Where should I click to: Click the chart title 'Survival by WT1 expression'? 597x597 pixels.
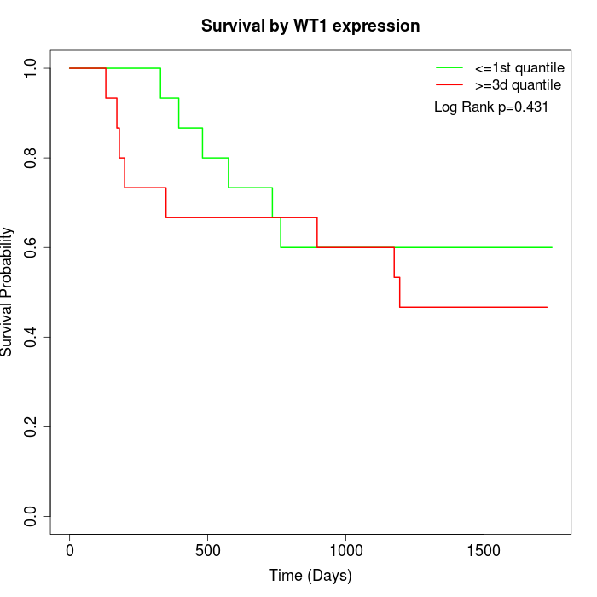[x=310, y=26]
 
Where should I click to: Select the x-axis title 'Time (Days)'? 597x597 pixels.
[x=310, y=576]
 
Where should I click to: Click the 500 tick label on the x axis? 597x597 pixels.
[x=208, y=550]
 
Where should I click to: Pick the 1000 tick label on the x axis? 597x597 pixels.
[x=345, y=550]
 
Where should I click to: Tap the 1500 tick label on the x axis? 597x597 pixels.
[x=484, y=550]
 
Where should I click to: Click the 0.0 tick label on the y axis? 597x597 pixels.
[x=32, y=516]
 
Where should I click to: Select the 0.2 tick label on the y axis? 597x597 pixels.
[x=32, y=426]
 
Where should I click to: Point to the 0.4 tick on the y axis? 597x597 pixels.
[x=32, y=337]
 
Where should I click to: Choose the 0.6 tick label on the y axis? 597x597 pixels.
[x=32, y=247]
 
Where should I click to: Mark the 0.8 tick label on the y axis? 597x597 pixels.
[x=32, y=158]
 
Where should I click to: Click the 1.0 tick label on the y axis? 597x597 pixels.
[x=32, y=68]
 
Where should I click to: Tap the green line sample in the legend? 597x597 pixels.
[x=449, y=67]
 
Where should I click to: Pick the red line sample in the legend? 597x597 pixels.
[x=449, y=84]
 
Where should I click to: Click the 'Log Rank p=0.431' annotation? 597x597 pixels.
[x=491, y=107]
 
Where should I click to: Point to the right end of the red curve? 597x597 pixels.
[x=547, y=307]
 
